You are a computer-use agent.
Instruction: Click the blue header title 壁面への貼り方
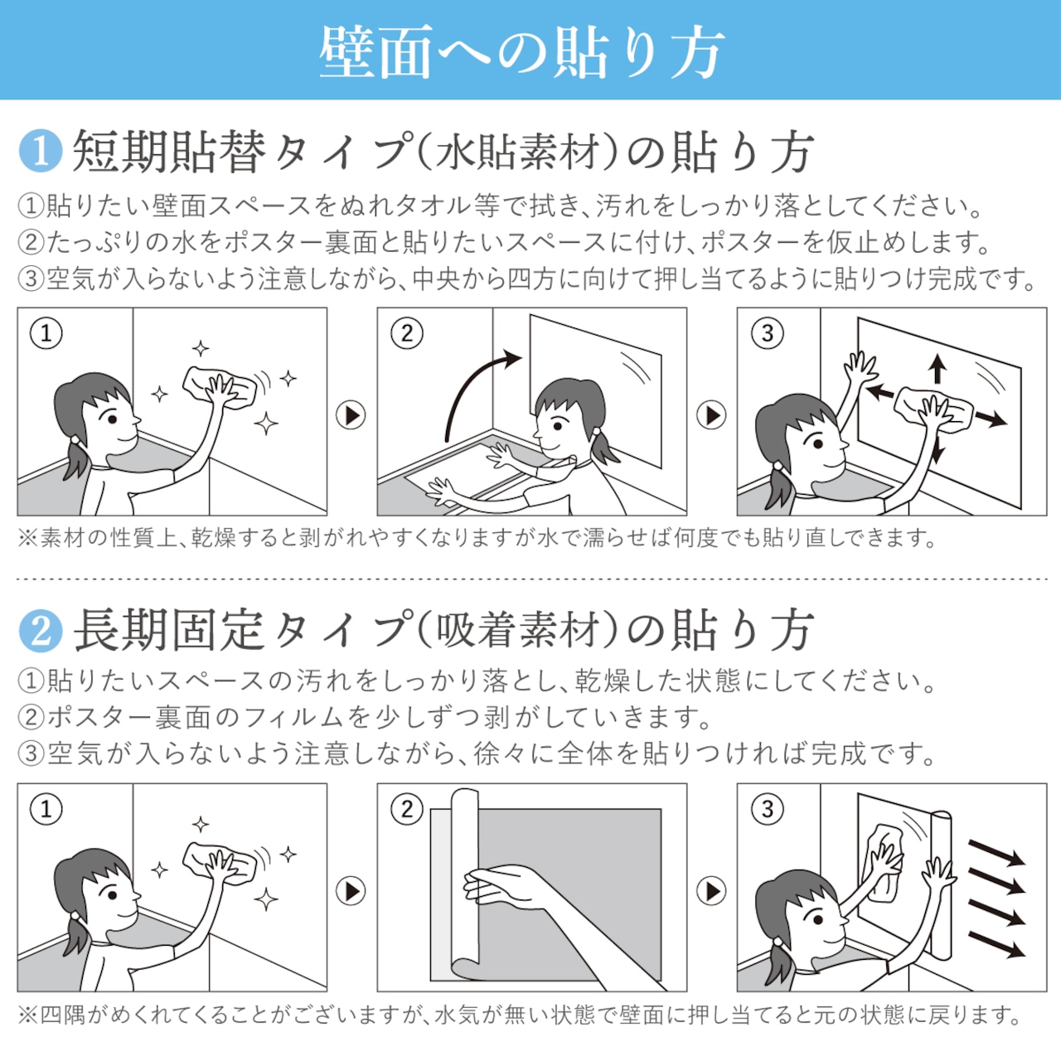[x=521, y=52]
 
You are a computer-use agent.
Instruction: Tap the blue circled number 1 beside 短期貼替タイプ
[x=40, y=150]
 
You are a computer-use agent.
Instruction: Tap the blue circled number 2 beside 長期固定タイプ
[x=40, y=631]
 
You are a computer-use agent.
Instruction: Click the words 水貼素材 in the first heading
[x=516, y=151]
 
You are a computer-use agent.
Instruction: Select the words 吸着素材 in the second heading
[x=516, y=631]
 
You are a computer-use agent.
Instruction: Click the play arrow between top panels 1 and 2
[x=351, y=415]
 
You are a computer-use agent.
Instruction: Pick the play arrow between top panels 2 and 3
[x=711, y=415]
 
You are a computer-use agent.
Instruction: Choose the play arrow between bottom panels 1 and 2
[x=351, y=891]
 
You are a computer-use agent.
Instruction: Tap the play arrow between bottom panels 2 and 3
[x=711, y=891]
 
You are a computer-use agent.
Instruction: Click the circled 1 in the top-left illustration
[x=46, y=333]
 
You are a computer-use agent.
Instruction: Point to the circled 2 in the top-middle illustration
[x=407, y=333]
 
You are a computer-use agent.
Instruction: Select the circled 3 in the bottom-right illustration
[x=768, y=809]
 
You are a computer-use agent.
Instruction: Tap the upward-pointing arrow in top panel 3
[x=937, y=369]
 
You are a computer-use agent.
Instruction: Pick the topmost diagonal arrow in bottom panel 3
[x=996, y=852]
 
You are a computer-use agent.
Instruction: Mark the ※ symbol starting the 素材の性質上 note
[x=27, y=538]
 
